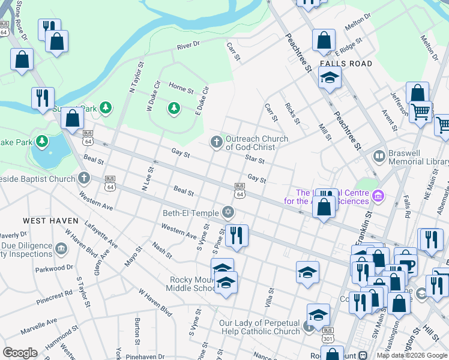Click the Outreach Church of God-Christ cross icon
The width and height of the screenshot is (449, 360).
click(216, 142)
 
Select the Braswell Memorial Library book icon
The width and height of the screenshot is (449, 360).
click(379, 157)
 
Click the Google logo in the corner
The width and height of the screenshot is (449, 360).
click(20, 353)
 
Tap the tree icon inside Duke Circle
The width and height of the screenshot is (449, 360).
click(173, 108)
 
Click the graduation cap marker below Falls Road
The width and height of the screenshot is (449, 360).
click(329, 77)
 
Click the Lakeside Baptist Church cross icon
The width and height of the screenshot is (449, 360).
click(83, 178)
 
